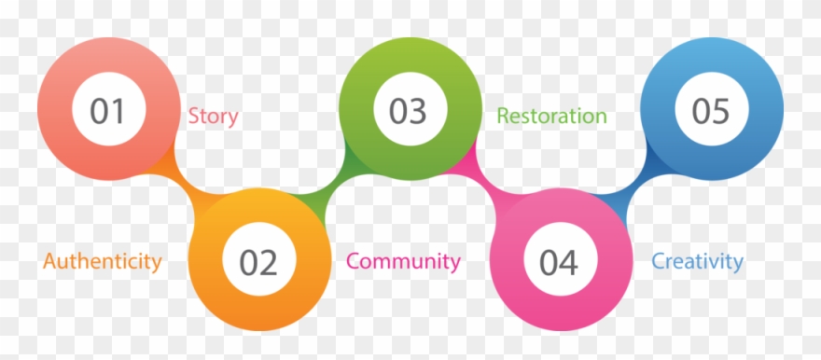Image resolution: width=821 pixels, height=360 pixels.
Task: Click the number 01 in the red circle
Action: pos(107,112)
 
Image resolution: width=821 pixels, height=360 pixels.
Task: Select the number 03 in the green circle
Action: pos(409,112)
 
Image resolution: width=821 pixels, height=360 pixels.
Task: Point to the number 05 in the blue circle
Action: pos(710,112)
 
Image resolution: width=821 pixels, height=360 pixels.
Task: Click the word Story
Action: pos(213,117)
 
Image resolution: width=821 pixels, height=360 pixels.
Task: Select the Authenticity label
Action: pos(103,261)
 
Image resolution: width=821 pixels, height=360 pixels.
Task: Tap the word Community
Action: pos(403,261)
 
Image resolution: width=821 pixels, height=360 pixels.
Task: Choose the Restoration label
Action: pos(551,117)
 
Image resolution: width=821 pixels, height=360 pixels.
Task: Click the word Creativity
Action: pos(697,261)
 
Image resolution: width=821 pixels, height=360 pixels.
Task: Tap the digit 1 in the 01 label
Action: pos(118,112)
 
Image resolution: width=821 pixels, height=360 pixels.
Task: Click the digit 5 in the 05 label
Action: pos(721,112)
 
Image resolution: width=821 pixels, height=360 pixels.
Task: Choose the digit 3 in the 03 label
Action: pos(420,112)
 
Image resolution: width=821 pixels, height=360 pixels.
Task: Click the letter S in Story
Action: pos(193,117)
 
